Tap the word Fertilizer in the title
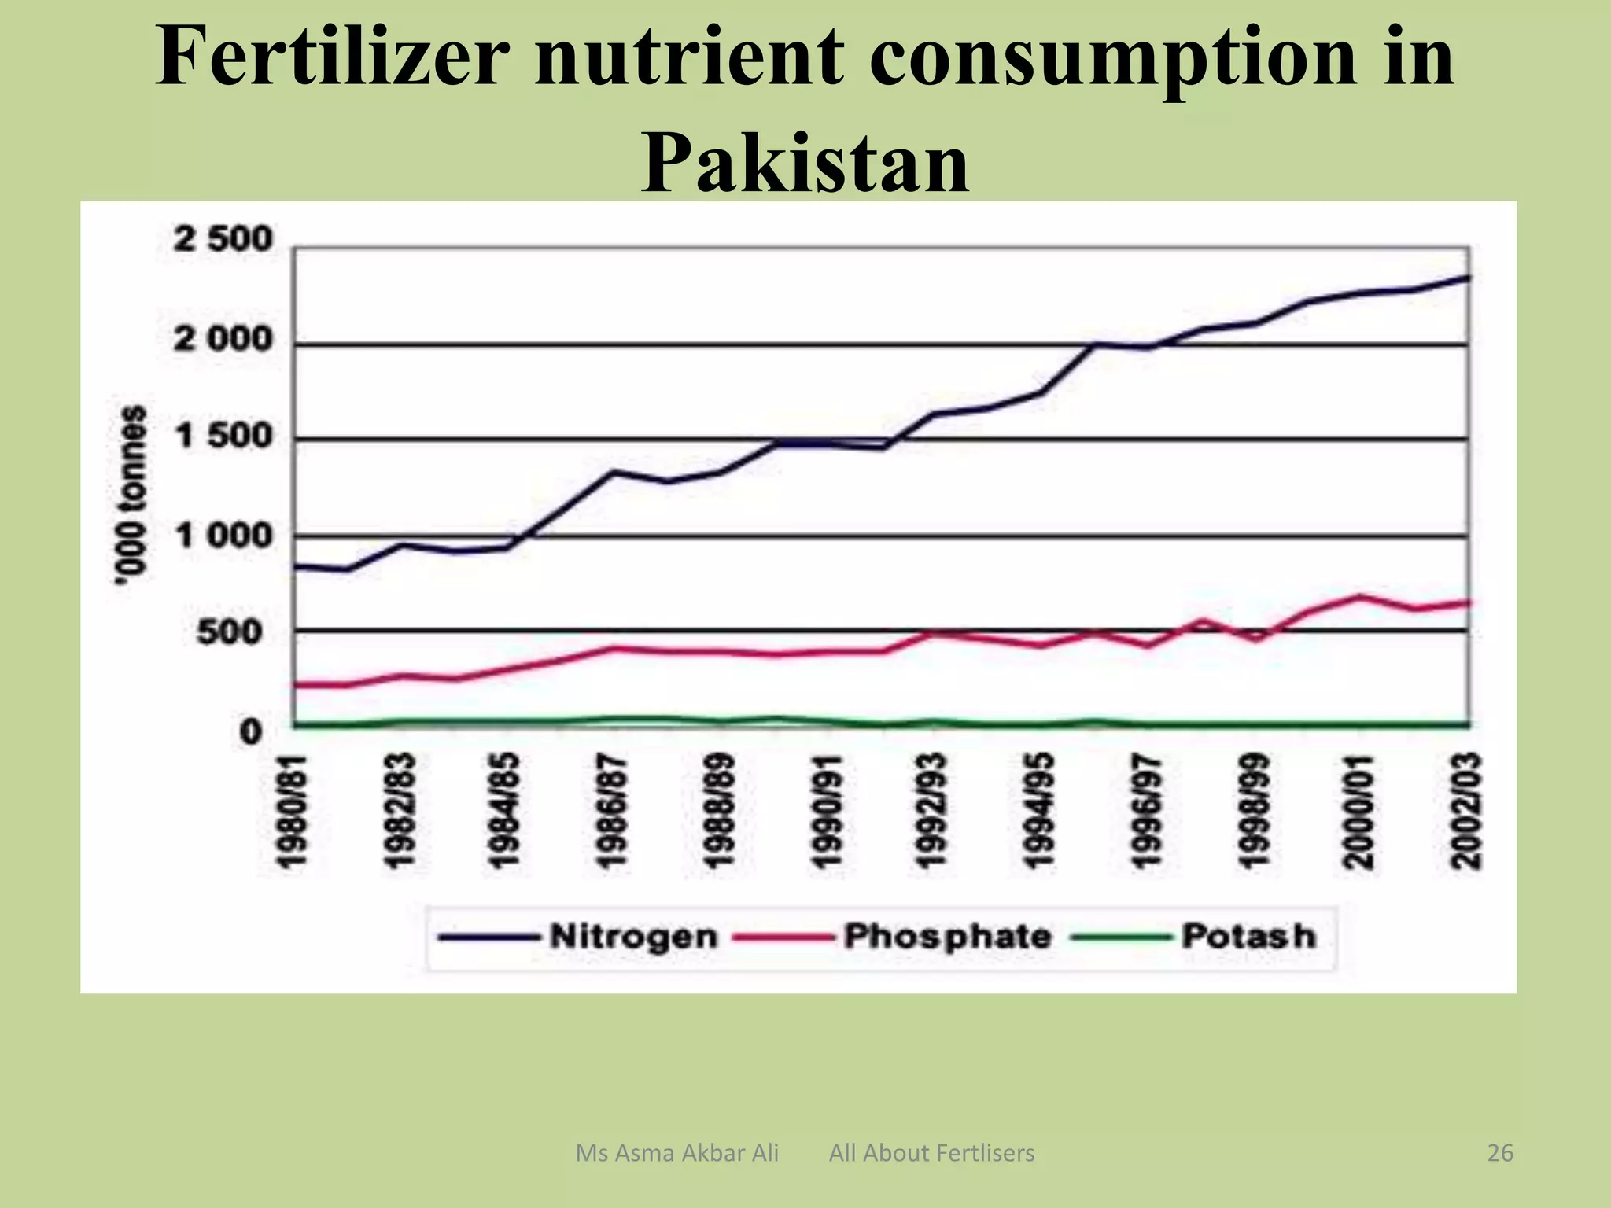(330, 57)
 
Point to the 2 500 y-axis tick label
(223, 239)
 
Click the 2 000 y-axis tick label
(223, 340)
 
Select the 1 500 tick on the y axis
(223, 436)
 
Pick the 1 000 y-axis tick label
(223, 536)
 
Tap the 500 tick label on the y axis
(229, 632)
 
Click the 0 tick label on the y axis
(250, 731)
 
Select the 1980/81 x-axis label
(293, 810)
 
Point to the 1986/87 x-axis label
(614, 810)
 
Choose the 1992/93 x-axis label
(933, 810)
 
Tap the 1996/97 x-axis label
(1147, 810)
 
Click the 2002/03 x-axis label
(1467, 810)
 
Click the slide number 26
(1500, 1153)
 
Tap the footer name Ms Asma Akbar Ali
(676, 1153)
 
